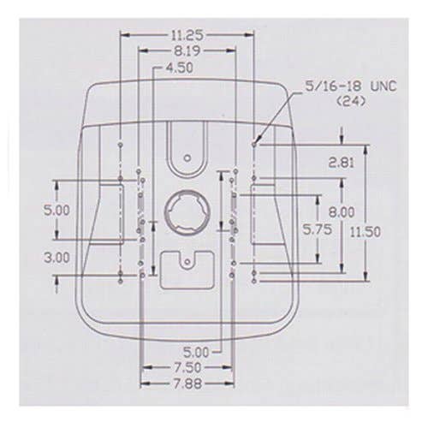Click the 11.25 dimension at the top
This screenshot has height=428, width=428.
187,35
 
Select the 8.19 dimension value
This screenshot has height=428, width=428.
187,51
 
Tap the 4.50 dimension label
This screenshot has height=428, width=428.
180,68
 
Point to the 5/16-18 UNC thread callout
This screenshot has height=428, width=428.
351,86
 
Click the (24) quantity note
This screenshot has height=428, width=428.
351,102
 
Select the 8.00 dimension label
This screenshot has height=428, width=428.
342,212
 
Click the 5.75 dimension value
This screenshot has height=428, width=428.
318,229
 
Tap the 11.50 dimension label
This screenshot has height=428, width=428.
366,232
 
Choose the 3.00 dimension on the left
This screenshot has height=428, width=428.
57,258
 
